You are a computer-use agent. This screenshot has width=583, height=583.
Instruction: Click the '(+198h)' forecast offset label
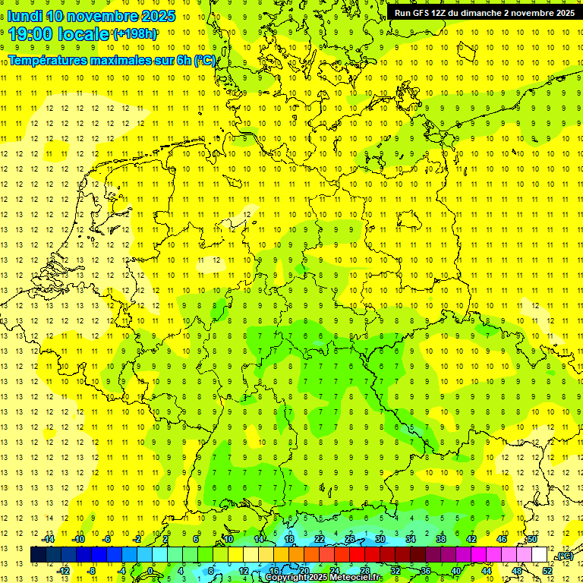(134, 34)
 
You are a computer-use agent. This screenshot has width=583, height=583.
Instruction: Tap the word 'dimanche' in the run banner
(481, 13)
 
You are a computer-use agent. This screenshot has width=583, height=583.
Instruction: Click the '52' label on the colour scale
(547, 570)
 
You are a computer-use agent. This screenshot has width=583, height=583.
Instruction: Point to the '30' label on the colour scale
(380, 539)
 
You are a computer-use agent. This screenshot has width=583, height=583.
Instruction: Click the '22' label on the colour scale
(319, 539)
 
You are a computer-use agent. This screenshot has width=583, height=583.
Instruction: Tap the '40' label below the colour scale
(455, 570)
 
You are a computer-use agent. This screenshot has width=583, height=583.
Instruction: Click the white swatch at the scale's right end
(539, 555)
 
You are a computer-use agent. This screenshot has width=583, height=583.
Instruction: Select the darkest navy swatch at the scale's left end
(38, 555)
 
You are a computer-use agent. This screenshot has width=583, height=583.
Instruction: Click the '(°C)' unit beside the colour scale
(564, 556)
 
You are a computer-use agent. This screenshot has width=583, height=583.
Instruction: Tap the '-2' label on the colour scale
(137, 539)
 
